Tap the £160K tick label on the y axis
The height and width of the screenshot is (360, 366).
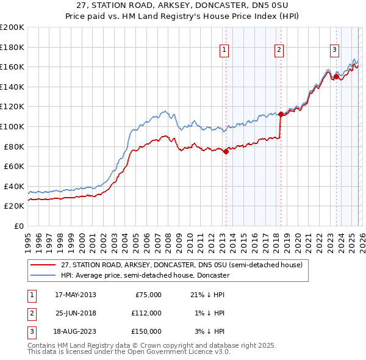tap(12, 67)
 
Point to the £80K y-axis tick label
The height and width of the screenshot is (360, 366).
tap(14, 146)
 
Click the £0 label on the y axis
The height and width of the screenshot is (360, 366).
tap(19, 226)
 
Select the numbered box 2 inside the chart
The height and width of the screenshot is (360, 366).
tap(279, 50)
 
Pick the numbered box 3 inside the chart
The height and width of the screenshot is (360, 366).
tap(335, 50)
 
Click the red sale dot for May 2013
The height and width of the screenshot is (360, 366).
tap(225, 152)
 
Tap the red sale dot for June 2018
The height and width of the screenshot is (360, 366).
tap(281, 114)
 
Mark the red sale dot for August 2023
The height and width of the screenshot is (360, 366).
tap(336, 77)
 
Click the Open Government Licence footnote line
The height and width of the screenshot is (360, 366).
tap(129, 351)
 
